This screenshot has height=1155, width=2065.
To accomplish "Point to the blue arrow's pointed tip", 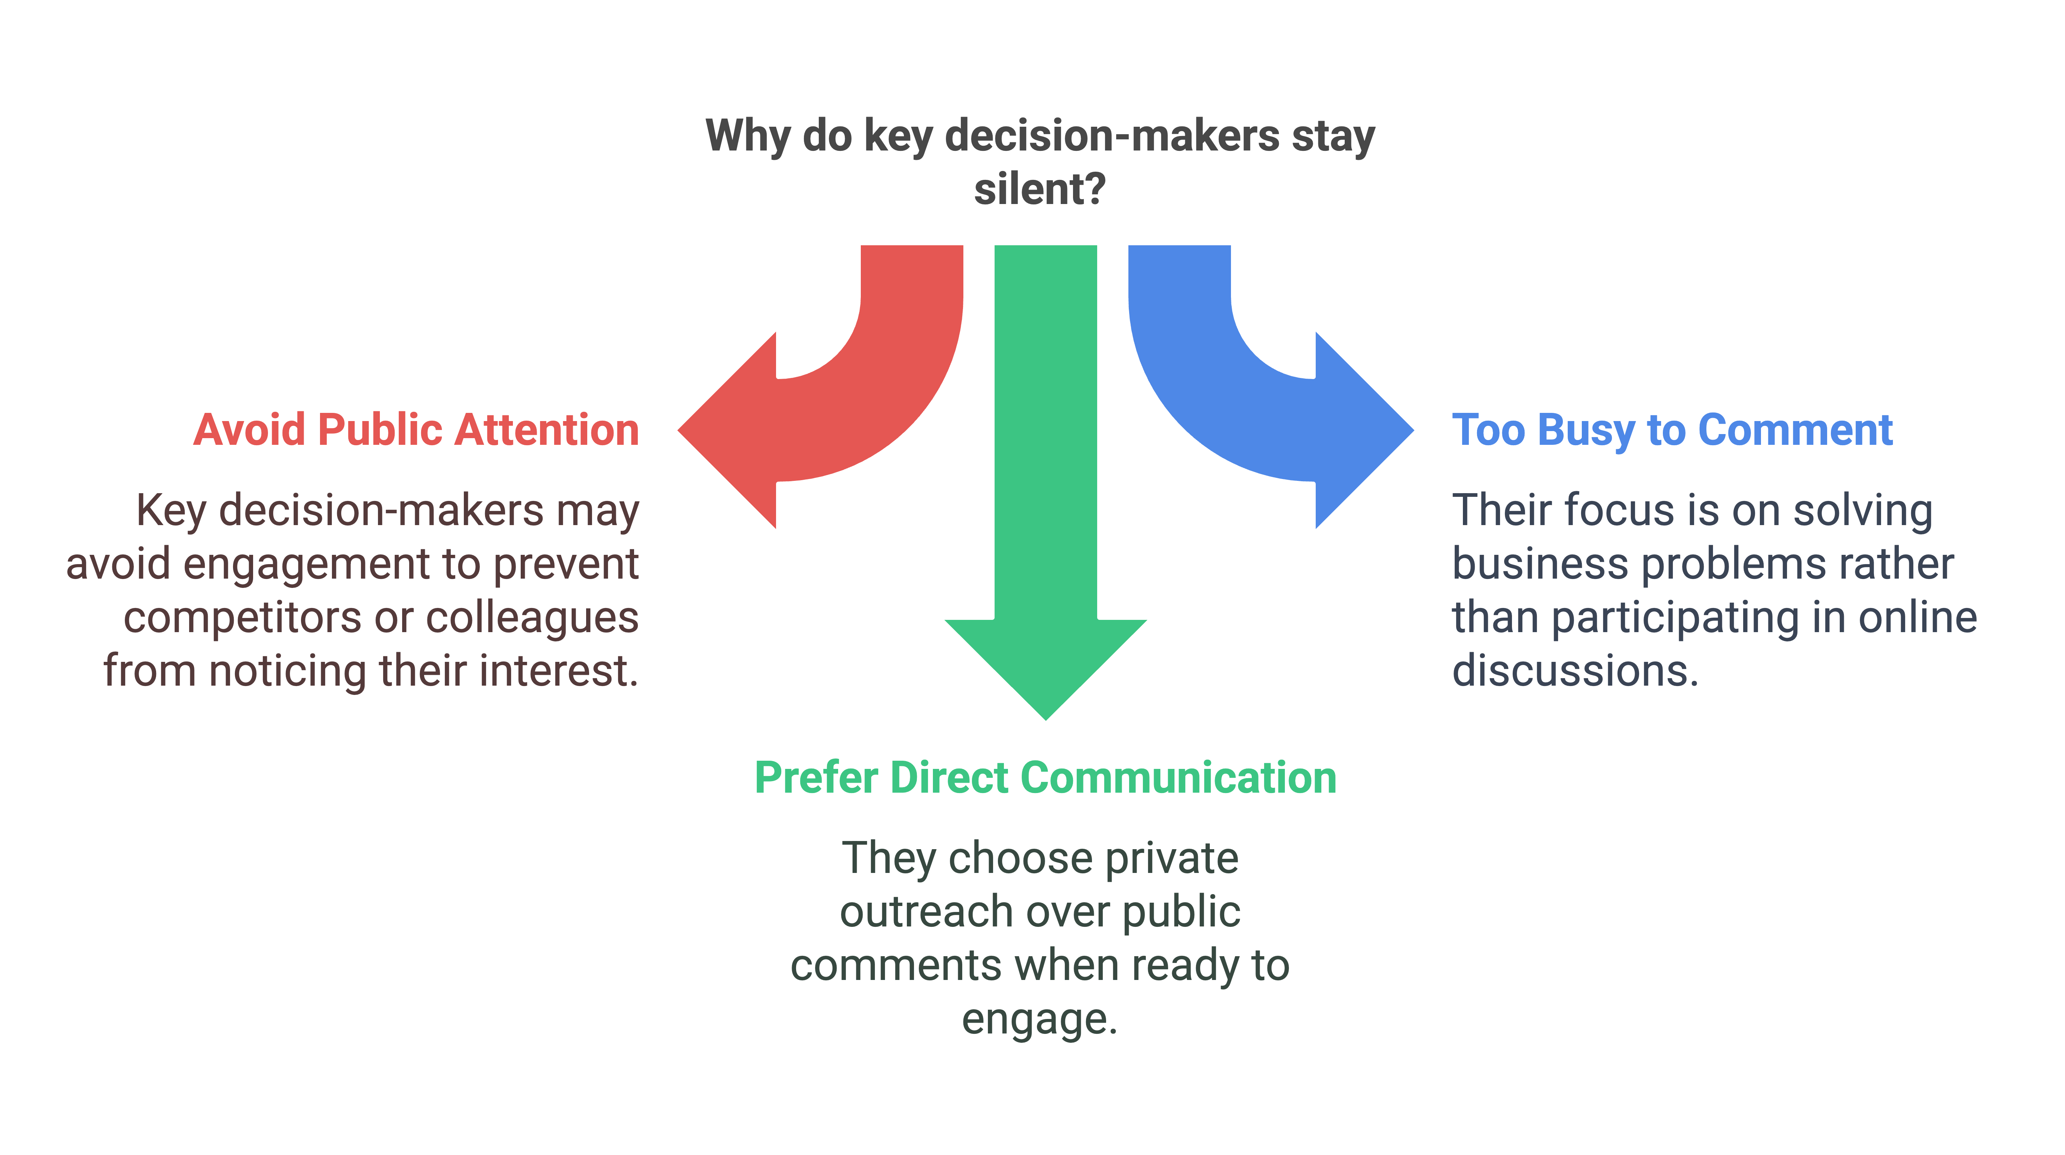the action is (x=1412, y=430).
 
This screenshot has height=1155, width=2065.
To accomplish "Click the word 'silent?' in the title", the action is (x=1040, y=190).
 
